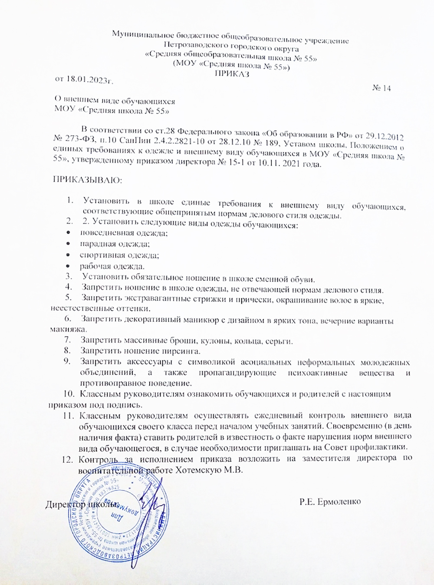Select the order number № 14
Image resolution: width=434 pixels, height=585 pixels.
click(x=381, y=88)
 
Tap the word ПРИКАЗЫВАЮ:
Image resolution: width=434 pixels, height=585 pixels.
click(x=87, y=180)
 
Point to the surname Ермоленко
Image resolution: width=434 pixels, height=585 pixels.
click(x=339, y=502)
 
